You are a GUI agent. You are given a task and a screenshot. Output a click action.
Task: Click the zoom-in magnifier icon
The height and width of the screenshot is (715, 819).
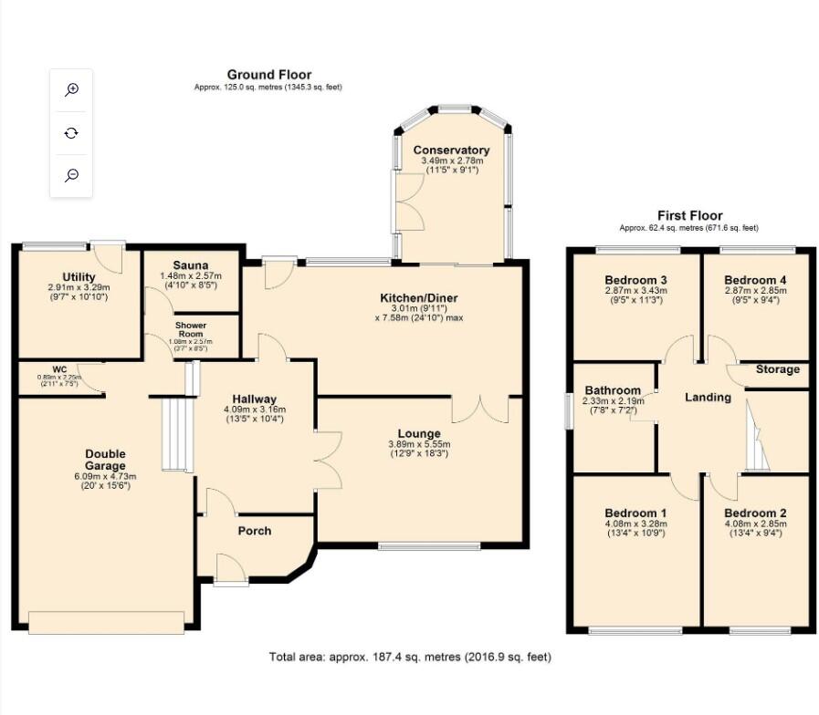pos(71,89)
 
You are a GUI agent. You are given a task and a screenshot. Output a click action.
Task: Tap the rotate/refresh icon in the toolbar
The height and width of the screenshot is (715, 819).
pos(71,133)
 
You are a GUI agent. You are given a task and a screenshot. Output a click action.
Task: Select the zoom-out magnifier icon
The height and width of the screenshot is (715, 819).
pos(71,176)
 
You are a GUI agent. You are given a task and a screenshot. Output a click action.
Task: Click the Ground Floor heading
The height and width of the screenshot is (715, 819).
pos(268,75)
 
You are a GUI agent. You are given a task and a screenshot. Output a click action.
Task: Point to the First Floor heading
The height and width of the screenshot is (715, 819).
pos(689,216)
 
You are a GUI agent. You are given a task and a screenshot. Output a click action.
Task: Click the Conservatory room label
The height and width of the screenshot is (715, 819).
pos(451,150)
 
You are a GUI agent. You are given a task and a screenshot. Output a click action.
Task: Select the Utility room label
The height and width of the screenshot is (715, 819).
pos(79,276)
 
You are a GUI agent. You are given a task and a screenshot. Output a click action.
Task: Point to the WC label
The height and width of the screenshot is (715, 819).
pos(59,369)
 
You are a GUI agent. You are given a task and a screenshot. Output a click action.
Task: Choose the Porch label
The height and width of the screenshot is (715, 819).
pos(255,531)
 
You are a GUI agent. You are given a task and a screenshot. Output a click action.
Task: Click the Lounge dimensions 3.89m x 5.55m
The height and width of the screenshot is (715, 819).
pos(419,444)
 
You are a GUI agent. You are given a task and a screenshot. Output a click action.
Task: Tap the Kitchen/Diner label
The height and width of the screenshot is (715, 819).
pos(419,298)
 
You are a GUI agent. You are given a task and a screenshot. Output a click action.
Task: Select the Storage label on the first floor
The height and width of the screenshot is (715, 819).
pos(777,369)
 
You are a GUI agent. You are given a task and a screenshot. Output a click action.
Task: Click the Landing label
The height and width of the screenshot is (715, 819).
pos(708,397)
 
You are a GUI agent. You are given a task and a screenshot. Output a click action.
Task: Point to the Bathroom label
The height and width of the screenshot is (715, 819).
pos(611,388)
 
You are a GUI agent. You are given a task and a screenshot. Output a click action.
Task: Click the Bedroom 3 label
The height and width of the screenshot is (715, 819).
pos(636,280)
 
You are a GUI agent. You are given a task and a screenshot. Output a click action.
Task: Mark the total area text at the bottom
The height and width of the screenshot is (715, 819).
pos(410,657)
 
